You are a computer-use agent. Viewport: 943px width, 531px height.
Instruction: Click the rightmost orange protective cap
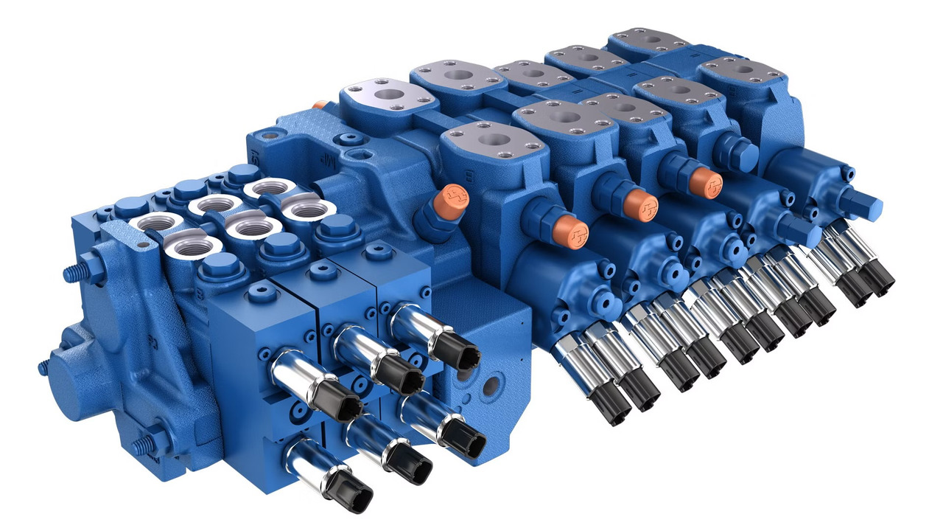pos(705,182)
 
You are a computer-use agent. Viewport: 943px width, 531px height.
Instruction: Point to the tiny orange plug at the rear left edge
pos(318,105)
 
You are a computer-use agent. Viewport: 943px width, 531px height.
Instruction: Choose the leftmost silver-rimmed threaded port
pos(153,221)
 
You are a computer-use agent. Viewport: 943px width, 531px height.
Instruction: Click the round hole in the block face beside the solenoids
pos(490,385)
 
